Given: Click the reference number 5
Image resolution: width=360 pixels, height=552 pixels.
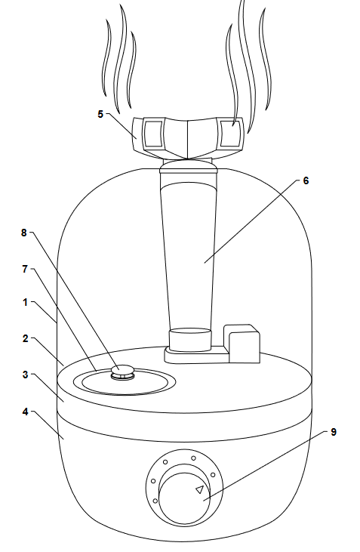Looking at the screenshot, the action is [x=100, y=114].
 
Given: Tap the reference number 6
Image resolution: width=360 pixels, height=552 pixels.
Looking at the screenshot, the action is [x=306, y=180].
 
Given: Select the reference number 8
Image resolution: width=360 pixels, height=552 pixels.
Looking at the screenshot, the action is [x=23, y=233].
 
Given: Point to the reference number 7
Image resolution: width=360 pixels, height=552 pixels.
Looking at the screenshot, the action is [x=25, y=269].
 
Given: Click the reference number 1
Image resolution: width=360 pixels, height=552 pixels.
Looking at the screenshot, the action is [x=26, y=302].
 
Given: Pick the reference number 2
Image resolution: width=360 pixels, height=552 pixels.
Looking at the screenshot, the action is [x=25, y=338].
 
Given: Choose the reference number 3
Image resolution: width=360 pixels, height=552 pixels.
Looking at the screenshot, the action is [x=25, y=375].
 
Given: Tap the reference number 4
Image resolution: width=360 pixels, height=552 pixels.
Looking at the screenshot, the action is [x=25, y=412].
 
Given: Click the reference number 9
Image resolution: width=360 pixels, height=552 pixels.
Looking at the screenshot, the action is [x=334, y=432].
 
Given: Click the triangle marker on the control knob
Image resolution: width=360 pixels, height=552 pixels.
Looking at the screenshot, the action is [x=199, y=489].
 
